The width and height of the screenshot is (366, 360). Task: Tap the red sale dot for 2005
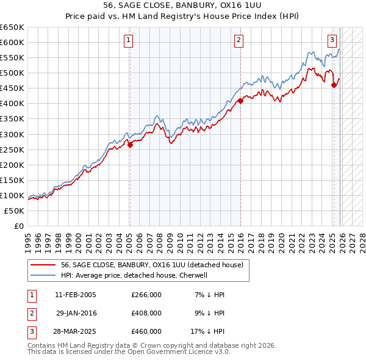[x=130, y=145]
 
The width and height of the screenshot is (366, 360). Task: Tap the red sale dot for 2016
[x=240, y=101]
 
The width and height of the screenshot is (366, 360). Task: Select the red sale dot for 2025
[x=334, y=85]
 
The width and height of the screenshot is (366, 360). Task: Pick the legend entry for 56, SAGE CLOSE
[x=152, y=265]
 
